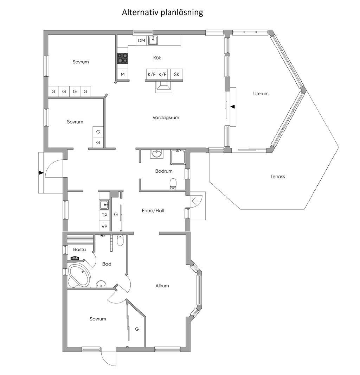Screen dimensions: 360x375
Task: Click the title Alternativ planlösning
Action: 162,12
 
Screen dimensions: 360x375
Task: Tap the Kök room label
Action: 157,58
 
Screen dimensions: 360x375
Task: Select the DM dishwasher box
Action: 141,40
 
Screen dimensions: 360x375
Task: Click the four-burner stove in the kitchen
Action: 122,58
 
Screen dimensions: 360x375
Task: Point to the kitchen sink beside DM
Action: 153,40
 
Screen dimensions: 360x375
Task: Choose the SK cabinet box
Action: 176,74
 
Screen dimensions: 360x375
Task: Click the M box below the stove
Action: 123,74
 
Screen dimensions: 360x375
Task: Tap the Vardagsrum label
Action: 166,117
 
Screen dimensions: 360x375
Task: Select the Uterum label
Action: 261,94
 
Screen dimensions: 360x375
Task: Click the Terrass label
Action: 278,177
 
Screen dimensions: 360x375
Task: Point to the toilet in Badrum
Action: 173,184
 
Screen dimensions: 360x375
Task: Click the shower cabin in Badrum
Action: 178,157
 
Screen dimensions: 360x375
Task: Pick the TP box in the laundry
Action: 104,215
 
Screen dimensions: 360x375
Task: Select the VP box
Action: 104,226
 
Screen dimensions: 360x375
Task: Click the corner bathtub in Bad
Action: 79,275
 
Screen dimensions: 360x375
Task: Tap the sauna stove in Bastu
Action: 75,258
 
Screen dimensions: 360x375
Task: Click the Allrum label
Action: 162,286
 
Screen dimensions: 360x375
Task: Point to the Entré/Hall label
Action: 153,210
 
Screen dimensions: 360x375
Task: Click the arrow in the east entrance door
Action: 195,201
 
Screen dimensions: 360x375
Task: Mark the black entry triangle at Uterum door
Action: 233,107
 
